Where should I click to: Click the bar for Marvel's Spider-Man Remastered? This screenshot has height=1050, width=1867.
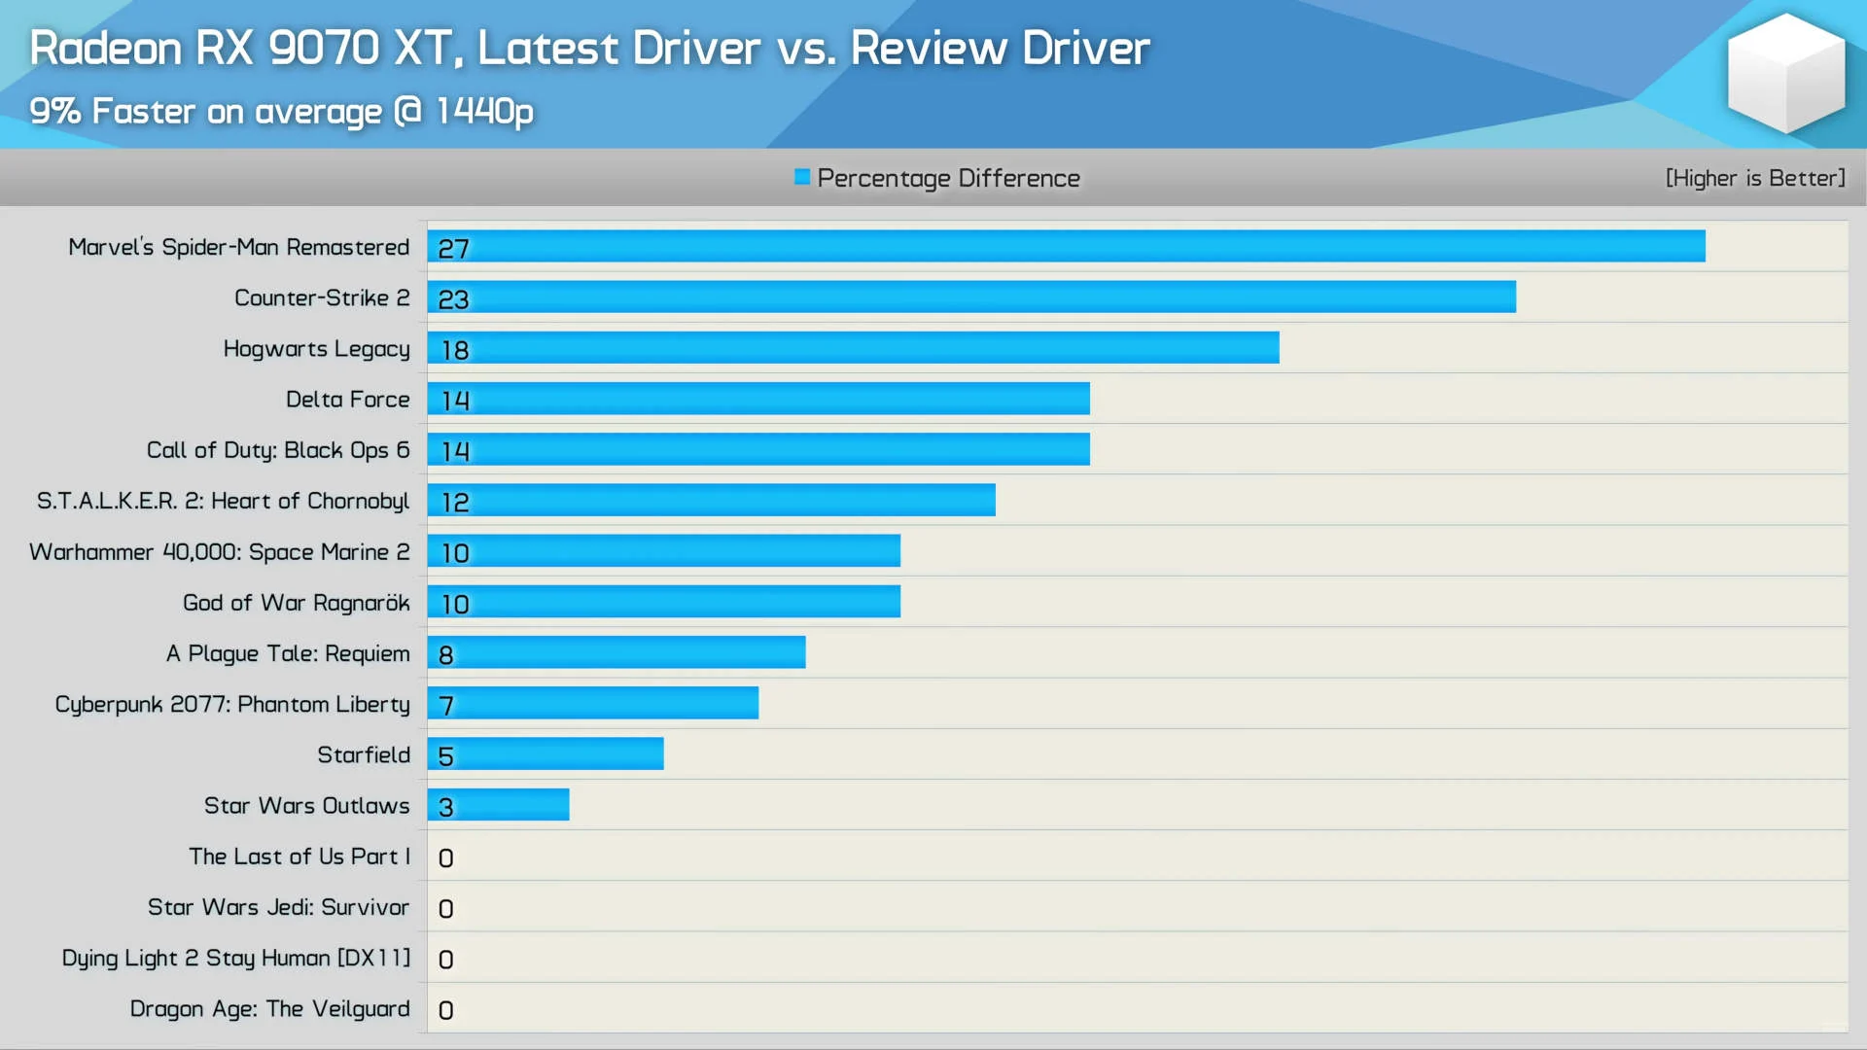coord(1066,246)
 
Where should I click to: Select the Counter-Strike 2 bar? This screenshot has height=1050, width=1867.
coord(971,297)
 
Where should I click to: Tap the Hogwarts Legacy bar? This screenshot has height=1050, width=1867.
coord(853,347)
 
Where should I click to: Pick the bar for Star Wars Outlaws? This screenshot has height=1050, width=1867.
coord(498,804)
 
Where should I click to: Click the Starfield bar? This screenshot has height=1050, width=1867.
coord(546,753)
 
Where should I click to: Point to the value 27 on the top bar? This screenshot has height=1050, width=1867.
coord(453,249)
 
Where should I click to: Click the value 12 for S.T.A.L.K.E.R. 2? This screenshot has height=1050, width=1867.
coord(455,503)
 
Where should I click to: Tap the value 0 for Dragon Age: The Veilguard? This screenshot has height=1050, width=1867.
coord(445,1010)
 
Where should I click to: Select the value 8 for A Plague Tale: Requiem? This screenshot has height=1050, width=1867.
coord(445,655)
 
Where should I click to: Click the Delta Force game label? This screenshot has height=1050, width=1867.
coord(347,399)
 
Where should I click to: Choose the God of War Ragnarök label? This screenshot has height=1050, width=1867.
coord(296,603)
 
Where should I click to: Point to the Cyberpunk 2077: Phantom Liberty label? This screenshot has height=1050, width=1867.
coord(232,704)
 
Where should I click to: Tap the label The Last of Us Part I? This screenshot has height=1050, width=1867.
coord(299,856)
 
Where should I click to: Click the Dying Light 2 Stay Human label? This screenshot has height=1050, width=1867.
coord(235,958)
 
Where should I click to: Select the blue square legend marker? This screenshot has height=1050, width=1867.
coord(801,177)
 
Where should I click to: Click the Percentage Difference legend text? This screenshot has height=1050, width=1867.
coord(948,178)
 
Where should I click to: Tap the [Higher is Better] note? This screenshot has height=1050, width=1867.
coord(1754,178)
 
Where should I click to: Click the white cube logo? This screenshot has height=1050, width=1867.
coord(1785,73)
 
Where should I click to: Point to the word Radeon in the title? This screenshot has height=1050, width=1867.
coord(105,48)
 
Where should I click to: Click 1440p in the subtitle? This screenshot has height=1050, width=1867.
coord(484,111)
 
